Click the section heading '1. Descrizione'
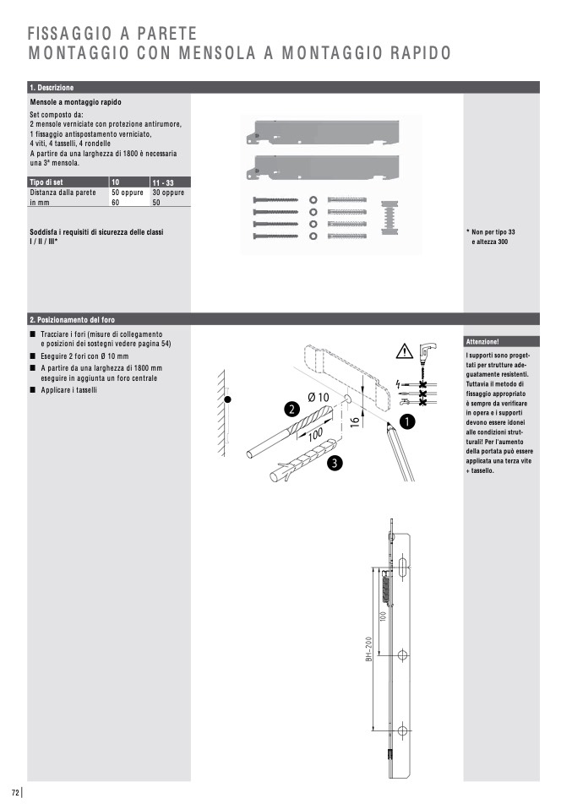[x=52, y=88]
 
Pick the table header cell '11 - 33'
[x=163, y=183]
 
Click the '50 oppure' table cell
[x=128, y=193]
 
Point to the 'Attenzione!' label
[x=482, y=342]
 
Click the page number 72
[x=15, y=792]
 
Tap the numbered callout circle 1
[x=406, y=420]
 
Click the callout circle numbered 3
[x=335, y=462]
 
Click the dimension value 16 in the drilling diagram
[x=355, y=420]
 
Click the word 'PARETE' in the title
[x=161, y=34]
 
